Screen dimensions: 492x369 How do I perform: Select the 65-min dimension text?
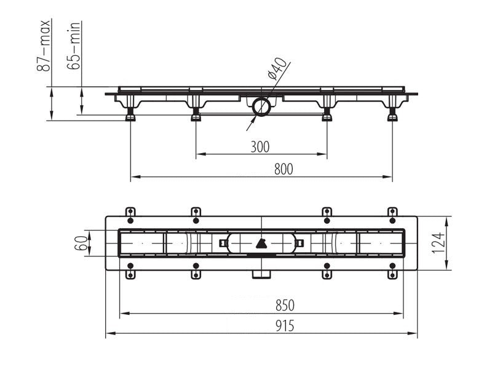click(x=74, y=46)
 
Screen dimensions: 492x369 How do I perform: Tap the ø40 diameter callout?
click(x=277, y=68)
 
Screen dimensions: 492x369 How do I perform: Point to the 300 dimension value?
click(x=260, y=147)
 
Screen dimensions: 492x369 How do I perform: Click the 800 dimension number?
click(x=284, y=169)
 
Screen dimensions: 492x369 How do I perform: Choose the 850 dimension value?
click(x=285, y=305)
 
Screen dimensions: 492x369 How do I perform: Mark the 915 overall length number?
click(x=285, y=326)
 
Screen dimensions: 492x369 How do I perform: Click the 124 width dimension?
click(x=438, y=243)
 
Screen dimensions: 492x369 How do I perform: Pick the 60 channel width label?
click(x=81, y=243)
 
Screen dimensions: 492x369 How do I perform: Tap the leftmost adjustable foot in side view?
click(x=130, y=114)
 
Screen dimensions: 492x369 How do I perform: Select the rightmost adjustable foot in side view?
click(x=392, y=114)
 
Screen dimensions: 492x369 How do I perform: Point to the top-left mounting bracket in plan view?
click(x=130, y=215)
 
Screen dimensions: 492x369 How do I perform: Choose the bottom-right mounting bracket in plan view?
click(x=392, y=271)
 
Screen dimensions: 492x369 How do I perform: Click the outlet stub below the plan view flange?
click(x=261, y=274)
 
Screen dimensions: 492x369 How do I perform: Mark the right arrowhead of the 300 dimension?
click(x=322, y=154)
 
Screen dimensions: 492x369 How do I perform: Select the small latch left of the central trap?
click(x=223, y=243)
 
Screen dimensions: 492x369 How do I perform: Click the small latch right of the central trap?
click(x=300, y=243)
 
